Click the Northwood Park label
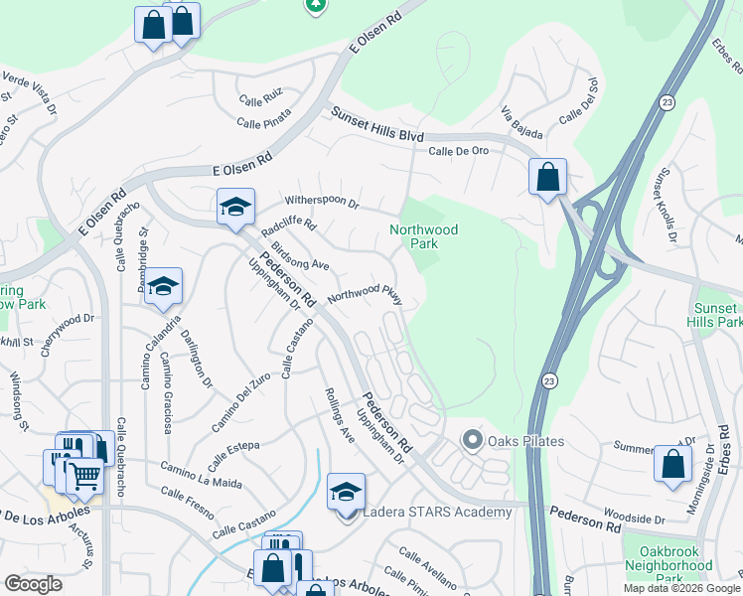[423, 236]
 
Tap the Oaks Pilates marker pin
[472, 439]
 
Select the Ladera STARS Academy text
[437, 513]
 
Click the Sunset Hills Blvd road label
[377, 126]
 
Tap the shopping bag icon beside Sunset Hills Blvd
[547, 178]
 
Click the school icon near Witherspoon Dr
[235, 207]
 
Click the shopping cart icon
[84, 477]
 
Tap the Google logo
[34, 584]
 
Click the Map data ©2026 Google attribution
[681, 588]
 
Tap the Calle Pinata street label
[261, 123]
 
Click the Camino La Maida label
[201, 475]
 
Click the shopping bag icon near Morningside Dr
[672, 464]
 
